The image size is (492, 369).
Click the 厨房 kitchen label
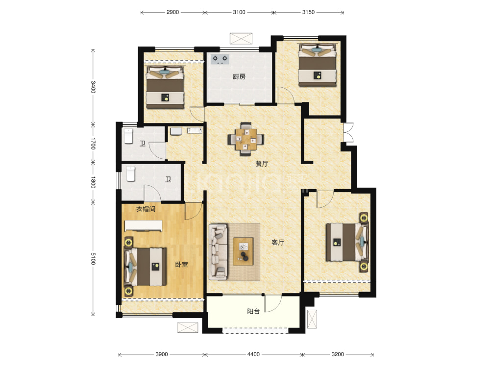[x=239, y=76]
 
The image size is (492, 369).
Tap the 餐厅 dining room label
[x=262, y=164]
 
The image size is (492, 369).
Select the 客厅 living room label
[x=278, y=242]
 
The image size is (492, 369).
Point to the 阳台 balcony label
[x=253, y=311]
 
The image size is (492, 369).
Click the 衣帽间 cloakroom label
[x=146, y=209]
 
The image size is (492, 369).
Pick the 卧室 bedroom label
[x=181, y=265]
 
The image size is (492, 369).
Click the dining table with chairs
[x=246, y=139]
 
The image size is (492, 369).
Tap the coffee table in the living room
[x=243, y=251]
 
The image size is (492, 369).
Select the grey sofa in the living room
[x=219, y=252]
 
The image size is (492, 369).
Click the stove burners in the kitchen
[x=220, y=59]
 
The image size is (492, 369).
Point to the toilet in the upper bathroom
[x=129, y=136]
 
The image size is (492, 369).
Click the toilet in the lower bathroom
[x=131, y=174]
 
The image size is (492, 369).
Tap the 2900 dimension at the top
[x=172, y=12]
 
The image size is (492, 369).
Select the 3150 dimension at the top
[x=308, y=12]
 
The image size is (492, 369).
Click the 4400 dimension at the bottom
[x=253, y=354]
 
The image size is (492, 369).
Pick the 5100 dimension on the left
[x=93, y=259]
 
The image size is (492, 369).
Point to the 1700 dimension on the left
[x=93, y=144]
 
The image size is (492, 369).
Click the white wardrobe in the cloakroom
[x=144, y=226]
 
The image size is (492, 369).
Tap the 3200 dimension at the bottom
[x=338, y=354]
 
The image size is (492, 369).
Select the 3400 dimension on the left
[x=93, y=87]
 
